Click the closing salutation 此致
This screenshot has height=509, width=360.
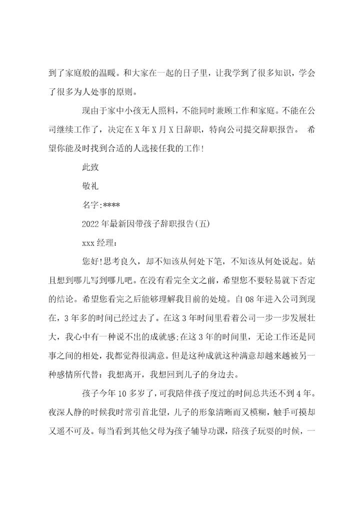[90, 167]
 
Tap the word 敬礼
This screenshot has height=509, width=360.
[90, 185]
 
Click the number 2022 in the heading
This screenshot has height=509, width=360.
[90, 223]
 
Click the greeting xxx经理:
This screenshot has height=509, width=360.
[99, 242]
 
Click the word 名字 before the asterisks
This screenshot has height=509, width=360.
[90, 204]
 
